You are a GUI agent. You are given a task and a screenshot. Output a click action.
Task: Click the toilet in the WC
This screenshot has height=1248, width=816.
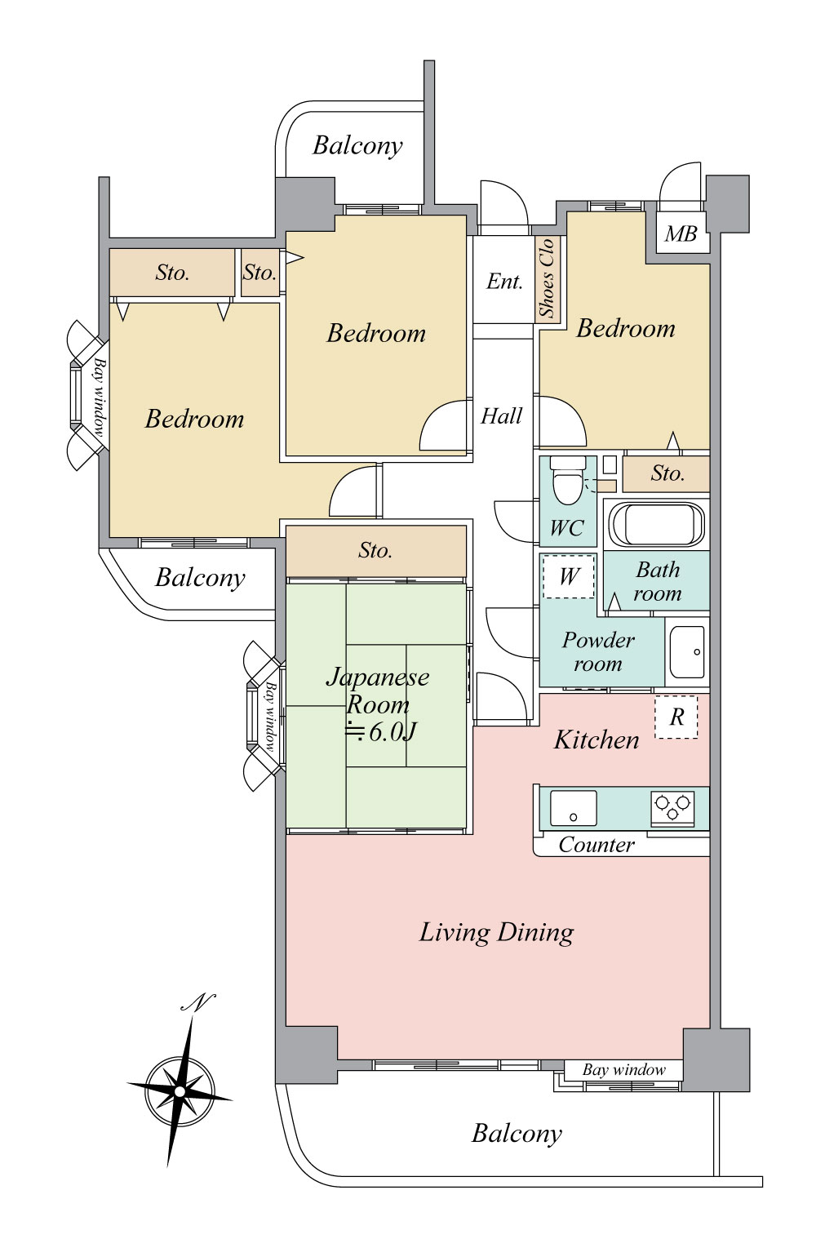(x=568, y=480)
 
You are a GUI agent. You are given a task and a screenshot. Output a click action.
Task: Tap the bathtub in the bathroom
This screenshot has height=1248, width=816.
(x=657, y=524)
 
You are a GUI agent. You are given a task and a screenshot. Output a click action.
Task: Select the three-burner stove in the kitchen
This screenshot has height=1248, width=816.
(x=673, y=807)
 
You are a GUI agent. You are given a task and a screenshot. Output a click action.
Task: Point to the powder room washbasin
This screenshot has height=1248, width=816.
(x=687, y=651)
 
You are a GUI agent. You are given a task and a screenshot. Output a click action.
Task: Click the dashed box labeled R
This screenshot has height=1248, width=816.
(x=676, y=717)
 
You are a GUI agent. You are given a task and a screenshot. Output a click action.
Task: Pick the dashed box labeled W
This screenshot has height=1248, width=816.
(x=568, y=576)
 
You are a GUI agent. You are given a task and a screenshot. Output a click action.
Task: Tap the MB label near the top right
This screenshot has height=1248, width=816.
(x=681, y=234)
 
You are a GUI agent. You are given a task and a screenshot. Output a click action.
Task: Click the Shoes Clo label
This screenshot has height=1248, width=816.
(x=547, y=278)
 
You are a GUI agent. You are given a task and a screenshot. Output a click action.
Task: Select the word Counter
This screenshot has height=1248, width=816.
(x=596, y=845)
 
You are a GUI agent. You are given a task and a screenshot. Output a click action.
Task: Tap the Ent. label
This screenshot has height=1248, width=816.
(x=504, y=282)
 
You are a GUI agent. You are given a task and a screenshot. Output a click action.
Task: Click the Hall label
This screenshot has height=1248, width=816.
(x=501, y=416)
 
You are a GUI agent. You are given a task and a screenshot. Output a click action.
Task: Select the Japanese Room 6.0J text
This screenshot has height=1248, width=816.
(x=378, y=704)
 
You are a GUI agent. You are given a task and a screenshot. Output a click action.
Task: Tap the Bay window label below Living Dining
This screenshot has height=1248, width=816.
(x=624, y=1070)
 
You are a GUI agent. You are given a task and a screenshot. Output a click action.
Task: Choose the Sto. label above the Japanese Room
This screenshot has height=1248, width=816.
(x=375, y=550)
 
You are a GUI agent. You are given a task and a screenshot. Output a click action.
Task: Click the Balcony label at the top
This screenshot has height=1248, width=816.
(x=357, y=146)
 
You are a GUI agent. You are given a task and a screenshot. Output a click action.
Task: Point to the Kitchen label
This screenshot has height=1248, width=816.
(x=596, y=739)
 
